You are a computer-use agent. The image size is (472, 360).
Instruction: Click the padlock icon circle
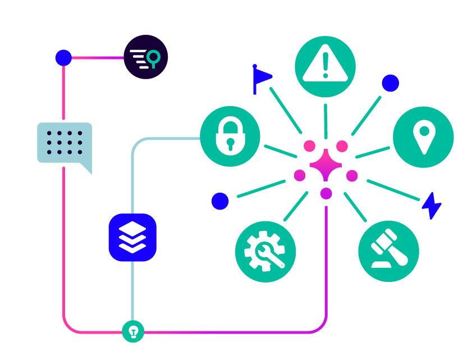click(x=230, y=136)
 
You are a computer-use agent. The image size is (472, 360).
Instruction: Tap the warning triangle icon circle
click(x=325, y=67)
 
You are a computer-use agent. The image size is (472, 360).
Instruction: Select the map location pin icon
click(x=424, y=137)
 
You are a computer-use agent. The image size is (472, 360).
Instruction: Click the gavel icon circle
click(x=388, y=251)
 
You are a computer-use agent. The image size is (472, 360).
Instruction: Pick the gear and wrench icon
click(x=265, y=251)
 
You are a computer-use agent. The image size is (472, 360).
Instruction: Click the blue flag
click(x=261, y=78)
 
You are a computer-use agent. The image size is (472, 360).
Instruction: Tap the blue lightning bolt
click(x=431, y=206)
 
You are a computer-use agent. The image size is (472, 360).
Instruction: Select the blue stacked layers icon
click(x=132, y=237)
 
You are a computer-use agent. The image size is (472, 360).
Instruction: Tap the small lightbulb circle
click(x=133, y=331)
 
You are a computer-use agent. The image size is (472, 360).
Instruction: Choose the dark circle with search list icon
click(x=146, y=57)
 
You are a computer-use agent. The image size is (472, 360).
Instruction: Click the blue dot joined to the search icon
click(x=63, y=57)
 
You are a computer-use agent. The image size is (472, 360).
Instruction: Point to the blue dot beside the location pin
click(x=390, y=83)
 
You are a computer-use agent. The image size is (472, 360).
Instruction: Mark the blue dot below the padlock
click(x=220, y=201)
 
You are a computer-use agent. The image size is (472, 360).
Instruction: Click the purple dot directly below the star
click(x=326, y=193)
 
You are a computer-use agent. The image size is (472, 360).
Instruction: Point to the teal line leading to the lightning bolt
click(x=393, y=190)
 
